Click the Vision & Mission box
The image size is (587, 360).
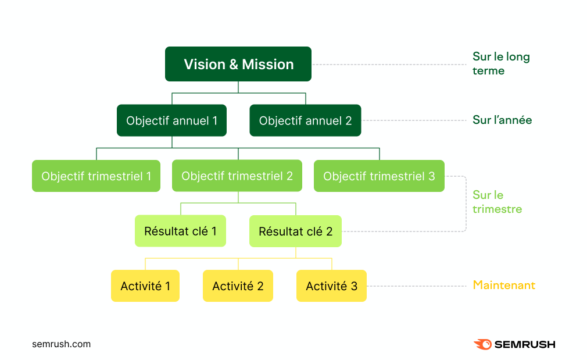[x=238, y=64]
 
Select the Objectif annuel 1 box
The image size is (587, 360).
[x=172, y=120]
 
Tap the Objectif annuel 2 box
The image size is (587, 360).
[x=306, y=120]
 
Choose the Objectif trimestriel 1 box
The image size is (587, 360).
[x=96, y=176]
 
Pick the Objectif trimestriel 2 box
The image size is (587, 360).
[x=237, y=176]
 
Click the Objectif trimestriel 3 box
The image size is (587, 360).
[x=380, y=176]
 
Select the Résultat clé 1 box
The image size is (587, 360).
[x=180, y=231]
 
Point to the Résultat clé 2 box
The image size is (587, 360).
[x=295, y=231]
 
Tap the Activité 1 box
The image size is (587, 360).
[x=145, y=286]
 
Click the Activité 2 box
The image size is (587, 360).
[x=238, y=286]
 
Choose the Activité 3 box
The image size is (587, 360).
[x=331, y=286]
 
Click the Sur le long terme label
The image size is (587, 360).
[x=501, y=64]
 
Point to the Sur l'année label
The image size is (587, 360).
[x=502, y=120]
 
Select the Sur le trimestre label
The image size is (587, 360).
[x=497, y=202]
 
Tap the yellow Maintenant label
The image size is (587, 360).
[x=504, y=285]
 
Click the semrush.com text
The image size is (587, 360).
[x=62, y=344]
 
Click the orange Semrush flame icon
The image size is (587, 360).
[x=483, y=344]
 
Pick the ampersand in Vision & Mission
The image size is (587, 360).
[x=234, y=65]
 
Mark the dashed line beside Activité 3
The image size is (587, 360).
[x=416, y=286]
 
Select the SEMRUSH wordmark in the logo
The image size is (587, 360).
[x=525, y=344]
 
